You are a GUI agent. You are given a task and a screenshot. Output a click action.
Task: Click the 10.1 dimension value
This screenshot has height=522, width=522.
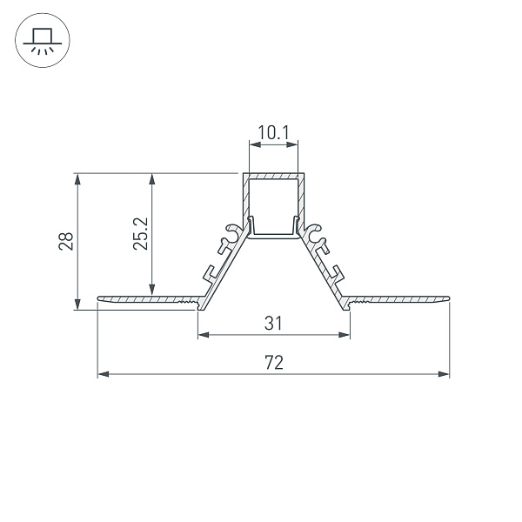pyautogui.click(x=273, y=133)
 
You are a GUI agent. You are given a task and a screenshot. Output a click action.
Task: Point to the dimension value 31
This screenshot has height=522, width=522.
pyautogui.click(x=273, y=324)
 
